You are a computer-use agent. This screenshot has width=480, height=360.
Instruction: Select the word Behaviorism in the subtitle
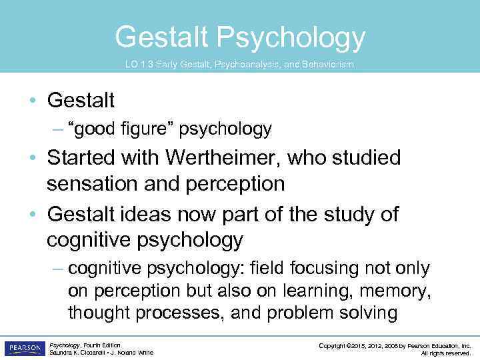point(325,65)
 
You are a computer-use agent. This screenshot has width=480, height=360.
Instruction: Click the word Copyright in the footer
point(334,345)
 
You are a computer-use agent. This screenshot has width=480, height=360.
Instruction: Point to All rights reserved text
point(446,353)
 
